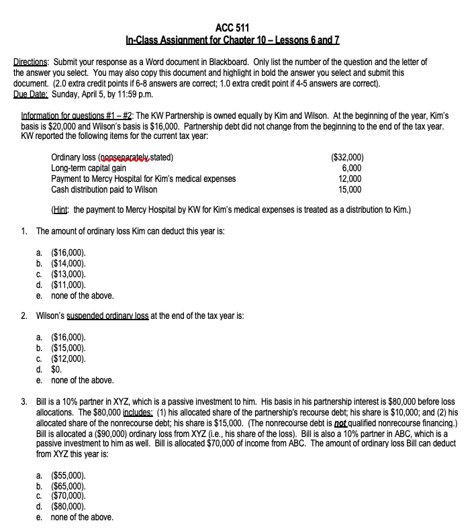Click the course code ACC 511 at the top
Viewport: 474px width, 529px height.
[232, 28]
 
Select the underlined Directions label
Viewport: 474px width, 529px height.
[33, 62]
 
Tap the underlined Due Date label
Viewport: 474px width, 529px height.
[31, 94]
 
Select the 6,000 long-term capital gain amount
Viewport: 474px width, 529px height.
[351, 168]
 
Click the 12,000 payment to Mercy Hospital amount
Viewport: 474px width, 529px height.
[349, 179]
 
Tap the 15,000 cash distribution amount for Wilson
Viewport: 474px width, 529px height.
[349, 189]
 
